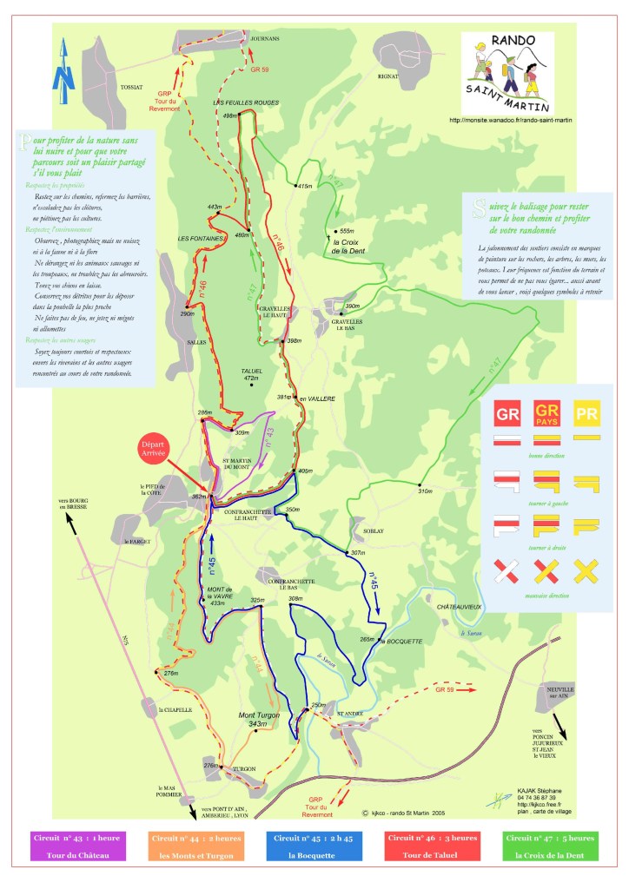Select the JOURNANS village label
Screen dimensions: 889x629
264,39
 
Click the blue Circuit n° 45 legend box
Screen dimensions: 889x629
314,846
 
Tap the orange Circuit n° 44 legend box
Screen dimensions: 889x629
195,846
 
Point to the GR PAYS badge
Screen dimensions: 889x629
546,412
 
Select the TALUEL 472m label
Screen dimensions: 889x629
251,374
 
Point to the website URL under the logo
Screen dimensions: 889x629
511,120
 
